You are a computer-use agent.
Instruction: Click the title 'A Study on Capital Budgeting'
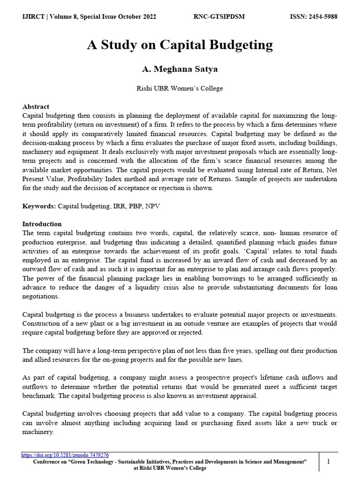coord(180,45)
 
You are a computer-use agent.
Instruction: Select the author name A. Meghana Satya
coord(180,69)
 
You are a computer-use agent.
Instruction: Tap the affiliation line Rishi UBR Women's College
coord(180,88)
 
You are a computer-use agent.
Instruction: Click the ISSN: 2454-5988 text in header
coord(314,17)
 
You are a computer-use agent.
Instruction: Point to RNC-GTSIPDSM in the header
coord(219,17)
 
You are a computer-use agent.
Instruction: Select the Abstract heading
coord(36,107)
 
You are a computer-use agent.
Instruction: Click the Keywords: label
coord(39,206)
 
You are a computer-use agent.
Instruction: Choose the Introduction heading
coord(42,224)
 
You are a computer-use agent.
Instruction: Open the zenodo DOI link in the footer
coord(66,455)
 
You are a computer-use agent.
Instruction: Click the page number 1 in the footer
coord(329,462)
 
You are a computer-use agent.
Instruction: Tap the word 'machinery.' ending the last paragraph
coord(38,432)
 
